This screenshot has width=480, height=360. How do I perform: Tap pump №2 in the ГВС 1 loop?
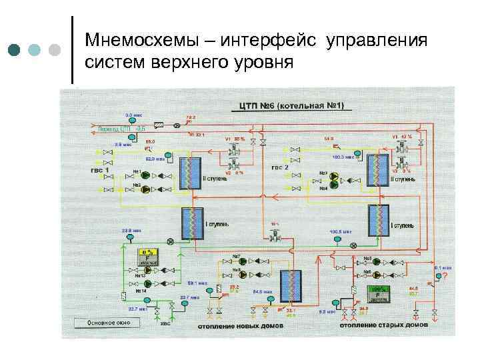click(145, 188)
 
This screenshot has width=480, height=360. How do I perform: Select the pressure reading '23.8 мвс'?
click(131, 231)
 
